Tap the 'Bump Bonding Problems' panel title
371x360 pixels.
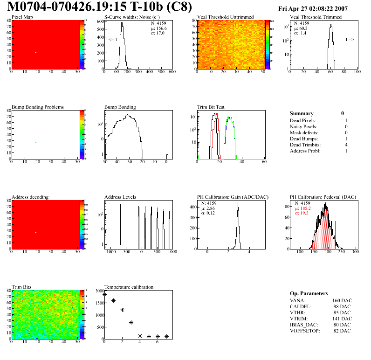point(37,107)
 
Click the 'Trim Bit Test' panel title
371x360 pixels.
point(211,107)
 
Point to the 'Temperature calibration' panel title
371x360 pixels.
point(129,287)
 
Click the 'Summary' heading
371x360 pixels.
point(302,113)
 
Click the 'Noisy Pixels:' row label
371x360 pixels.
point(303,127)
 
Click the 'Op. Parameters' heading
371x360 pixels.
point(309,293)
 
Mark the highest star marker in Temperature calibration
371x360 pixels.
point(104,294)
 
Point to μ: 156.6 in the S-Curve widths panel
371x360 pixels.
point(159,28)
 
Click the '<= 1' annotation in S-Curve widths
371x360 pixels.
point(113,40)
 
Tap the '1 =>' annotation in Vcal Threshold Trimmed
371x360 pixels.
point(350,40)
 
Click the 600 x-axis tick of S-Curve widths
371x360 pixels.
point(172,72)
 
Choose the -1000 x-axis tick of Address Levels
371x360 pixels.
point(110,252)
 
